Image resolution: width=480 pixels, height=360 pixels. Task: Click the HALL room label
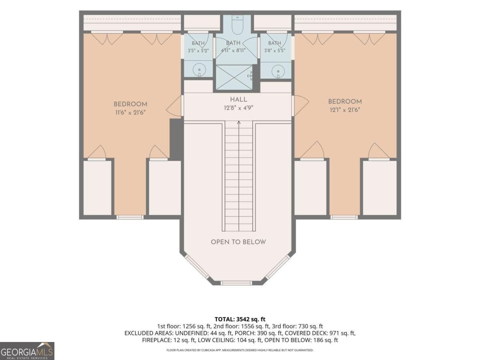238,100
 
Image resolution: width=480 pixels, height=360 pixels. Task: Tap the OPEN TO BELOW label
238,242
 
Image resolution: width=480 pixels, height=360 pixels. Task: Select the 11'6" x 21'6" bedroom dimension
130,112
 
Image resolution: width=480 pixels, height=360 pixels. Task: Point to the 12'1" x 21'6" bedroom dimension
345,110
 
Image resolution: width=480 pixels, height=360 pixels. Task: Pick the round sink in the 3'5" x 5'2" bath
199,70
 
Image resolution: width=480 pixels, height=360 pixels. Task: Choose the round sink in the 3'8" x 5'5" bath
278,71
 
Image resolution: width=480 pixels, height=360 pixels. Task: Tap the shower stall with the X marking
234,77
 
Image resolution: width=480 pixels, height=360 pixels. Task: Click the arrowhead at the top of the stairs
239,123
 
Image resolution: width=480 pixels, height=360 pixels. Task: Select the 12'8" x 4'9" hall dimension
238,108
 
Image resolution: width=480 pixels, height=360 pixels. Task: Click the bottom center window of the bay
236,283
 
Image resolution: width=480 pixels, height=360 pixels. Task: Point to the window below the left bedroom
130,217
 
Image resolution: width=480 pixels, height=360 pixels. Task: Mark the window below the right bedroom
344,217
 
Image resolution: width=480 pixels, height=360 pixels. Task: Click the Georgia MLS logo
27,351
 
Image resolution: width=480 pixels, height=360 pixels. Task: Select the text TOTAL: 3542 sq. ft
240,319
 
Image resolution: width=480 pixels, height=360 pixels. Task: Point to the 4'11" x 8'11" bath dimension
233,50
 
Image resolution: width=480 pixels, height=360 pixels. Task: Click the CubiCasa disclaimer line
240,350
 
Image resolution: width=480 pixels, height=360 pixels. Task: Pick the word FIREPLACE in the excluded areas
157,340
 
